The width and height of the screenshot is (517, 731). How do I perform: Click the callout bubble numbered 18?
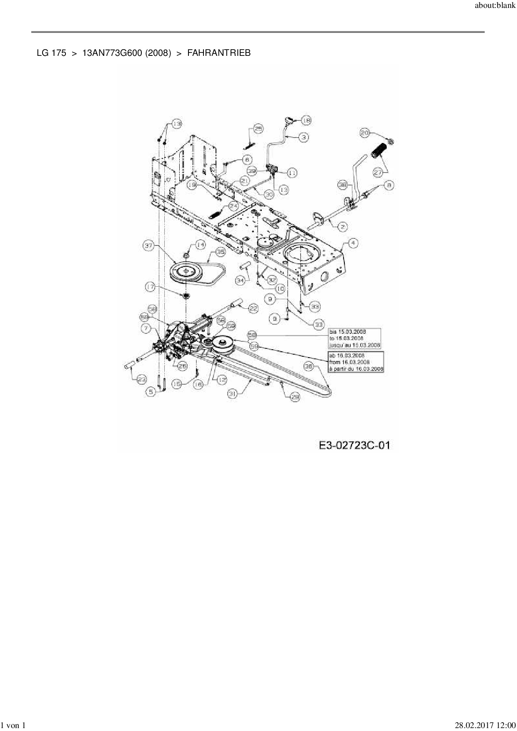point(306,120)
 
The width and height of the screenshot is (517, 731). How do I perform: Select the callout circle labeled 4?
point(353,243)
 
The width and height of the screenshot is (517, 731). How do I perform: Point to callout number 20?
point(365,133)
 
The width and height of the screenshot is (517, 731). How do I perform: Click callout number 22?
point(253,308)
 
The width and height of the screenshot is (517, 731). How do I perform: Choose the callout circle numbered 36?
point(309,366)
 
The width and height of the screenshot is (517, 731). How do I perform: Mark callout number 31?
point(233,393)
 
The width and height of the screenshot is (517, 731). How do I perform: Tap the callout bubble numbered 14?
point(201,245)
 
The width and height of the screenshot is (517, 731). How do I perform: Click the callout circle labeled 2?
point(342,227)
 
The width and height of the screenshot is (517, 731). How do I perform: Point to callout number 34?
point(240,280)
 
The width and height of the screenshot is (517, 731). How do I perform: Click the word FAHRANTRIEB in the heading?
point(219,53)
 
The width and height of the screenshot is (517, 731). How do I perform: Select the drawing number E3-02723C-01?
point(354,446)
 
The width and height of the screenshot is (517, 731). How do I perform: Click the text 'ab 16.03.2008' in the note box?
point(347,355)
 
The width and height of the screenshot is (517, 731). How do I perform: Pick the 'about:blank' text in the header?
point(495,6)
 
